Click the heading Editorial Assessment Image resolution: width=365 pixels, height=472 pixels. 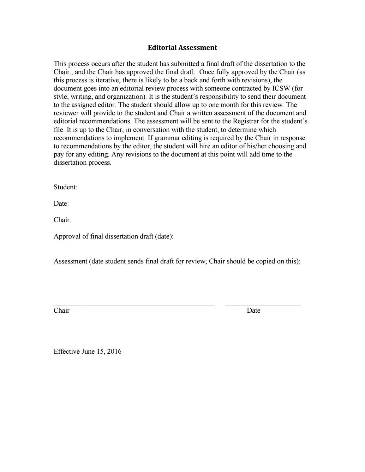click(x=182, y=48)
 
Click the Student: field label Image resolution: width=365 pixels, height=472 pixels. click(x=65, y=187)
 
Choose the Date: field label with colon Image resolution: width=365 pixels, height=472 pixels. click(x=61, y=204)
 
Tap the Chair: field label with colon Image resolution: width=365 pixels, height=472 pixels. click(x=63, y=220)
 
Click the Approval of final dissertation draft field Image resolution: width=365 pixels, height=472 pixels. click(x=113, y=236)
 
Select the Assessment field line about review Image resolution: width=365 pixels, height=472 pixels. click(x=177, y=261)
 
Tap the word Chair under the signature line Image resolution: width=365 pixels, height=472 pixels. click(x=62, y=310)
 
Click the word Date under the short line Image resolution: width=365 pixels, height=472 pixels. click(x=254, y=310)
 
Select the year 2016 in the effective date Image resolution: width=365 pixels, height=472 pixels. click(x=114, y=351)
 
